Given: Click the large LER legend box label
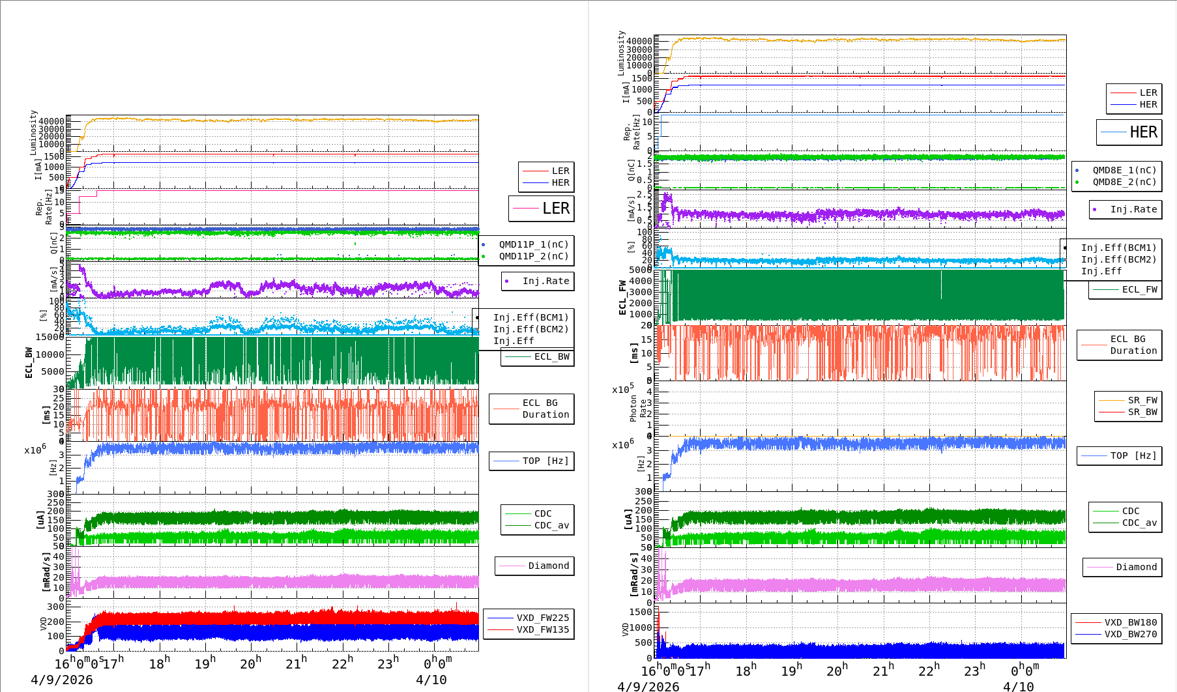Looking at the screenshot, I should tap(555, 209).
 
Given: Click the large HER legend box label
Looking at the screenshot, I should tap(1143, 132).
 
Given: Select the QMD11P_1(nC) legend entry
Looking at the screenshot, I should tap(533, 244).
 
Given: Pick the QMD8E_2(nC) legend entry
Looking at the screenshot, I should tap(1124, 182).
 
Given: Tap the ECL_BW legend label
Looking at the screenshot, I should tap(551, 356).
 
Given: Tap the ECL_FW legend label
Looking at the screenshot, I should tap(1139, 289).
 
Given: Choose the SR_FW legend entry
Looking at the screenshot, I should tap(1142, 400).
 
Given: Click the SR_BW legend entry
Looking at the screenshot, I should tap(1142, 412).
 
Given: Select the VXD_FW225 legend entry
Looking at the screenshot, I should tap(542, 618).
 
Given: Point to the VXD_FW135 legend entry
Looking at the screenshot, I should tap(542, 629).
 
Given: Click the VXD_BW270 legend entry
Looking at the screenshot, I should tap(1130, 634).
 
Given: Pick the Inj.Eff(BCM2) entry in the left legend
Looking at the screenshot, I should tap(530, 329).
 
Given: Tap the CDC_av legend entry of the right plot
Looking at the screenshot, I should tap(1139, 523).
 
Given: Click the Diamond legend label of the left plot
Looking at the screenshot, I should tap(548, 566).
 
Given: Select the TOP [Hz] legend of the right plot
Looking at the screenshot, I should tap(1133, 455).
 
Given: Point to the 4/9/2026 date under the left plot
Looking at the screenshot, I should tap(61, 680).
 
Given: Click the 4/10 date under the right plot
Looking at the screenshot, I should tap(1018, 686).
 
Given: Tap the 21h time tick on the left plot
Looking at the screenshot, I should tap(296, 664).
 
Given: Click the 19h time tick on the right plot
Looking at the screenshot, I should tap(791, 670).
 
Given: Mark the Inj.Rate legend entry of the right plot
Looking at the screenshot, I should tap(1133, 209).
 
